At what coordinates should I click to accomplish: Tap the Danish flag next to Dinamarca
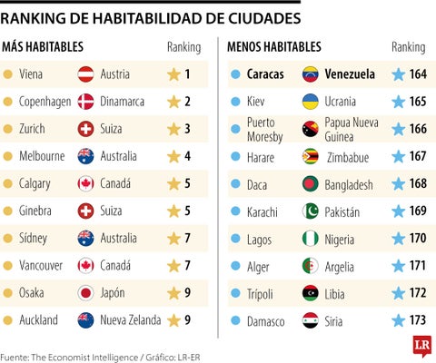point(87,102)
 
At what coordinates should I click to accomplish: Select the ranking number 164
point(417,74)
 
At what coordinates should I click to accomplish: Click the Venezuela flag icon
point(311,74)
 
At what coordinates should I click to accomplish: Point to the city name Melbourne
point(43,156)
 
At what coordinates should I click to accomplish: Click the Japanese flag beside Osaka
point(87,292)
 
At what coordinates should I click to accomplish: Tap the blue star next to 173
point(397,320)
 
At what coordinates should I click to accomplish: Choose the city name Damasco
point(266,320)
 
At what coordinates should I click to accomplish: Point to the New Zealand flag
point(87,319)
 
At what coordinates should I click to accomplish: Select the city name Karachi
point(264,211)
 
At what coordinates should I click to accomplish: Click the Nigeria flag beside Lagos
point(311,239)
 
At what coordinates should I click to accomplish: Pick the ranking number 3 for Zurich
point(187,129)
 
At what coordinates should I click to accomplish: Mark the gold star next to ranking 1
point(173,74)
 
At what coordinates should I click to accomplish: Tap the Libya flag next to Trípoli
point(311,293)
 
